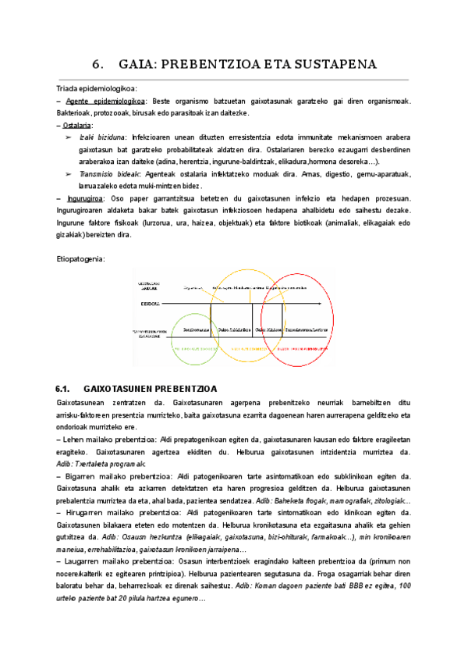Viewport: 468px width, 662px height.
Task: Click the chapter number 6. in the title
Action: pos(98,63)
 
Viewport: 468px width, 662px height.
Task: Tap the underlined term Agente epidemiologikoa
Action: pos(105,102)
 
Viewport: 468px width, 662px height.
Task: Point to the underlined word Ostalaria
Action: pos(78,125)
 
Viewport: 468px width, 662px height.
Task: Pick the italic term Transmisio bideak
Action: pos(110,174)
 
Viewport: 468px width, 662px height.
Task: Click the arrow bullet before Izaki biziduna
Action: pos(69,137)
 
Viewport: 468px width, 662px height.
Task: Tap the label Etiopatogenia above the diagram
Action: pos(81,258)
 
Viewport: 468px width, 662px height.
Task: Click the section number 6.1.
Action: pos(64,389)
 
